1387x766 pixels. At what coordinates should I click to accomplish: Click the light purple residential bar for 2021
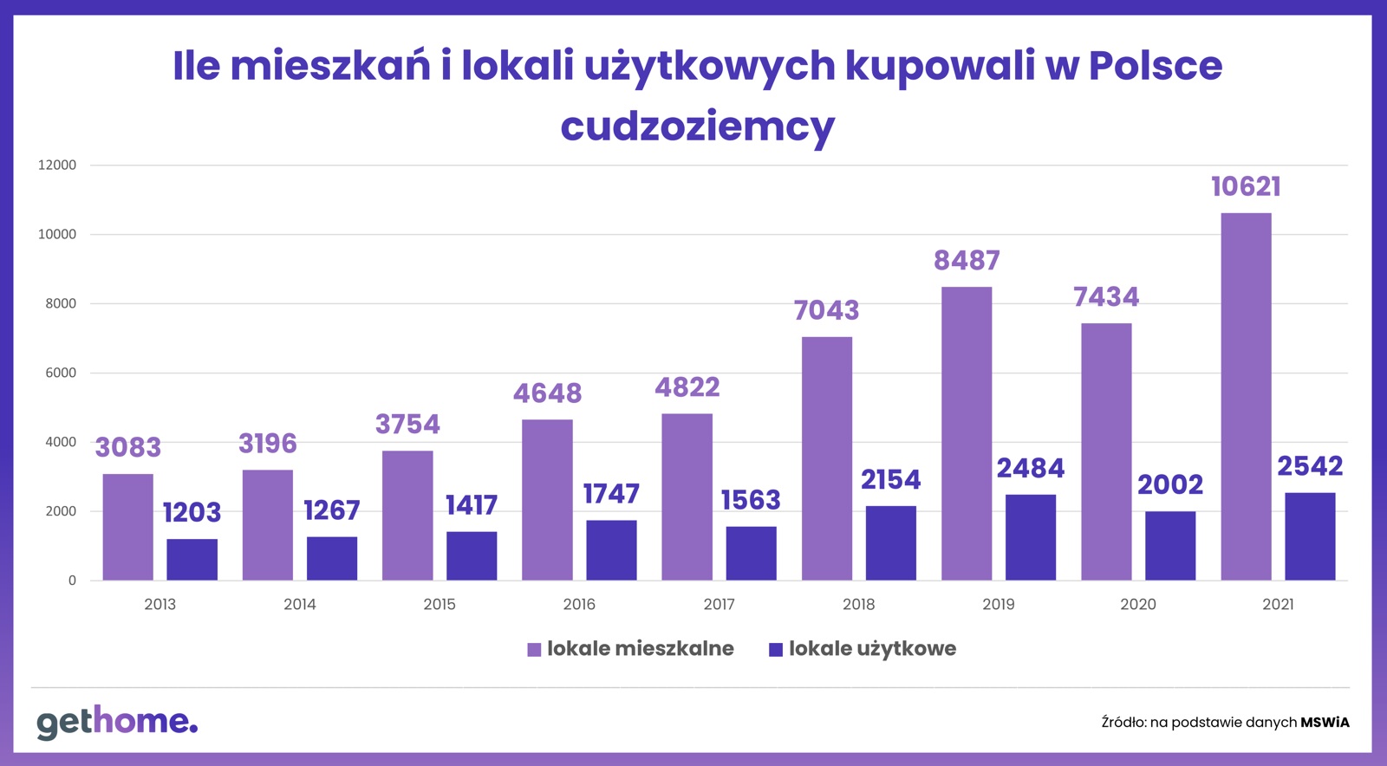1246,396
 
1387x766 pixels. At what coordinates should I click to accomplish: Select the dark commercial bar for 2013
192,559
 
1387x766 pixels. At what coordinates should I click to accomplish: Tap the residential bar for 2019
966,433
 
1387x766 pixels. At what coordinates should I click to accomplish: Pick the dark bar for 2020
1169,545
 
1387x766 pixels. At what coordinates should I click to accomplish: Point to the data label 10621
1246,186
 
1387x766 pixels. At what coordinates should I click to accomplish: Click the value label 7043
826,310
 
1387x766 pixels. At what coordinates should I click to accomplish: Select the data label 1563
751,500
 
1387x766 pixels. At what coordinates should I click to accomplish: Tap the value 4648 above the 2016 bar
547,393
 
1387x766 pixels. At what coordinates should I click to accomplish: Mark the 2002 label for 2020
1169,484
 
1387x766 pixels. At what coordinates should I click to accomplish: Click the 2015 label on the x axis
440,604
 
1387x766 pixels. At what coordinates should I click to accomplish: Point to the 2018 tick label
858,604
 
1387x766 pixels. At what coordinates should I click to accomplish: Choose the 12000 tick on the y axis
57,165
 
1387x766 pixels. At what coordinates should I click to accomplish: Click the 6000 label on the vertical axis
61,373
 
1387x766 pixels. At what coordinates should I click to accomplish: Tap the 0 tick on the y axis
72,581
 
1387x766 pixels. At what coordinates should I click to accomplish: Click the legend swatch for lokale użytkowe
776,650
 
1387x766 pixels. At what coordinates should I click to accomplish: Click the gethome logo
117,721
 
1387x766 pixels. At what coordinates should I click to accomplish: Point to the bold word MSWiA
1325,722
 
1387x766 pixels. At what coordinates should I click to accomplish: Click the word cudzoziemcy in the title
697,127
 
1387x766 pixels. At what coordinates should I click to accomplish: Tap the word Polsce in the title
1155,66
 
